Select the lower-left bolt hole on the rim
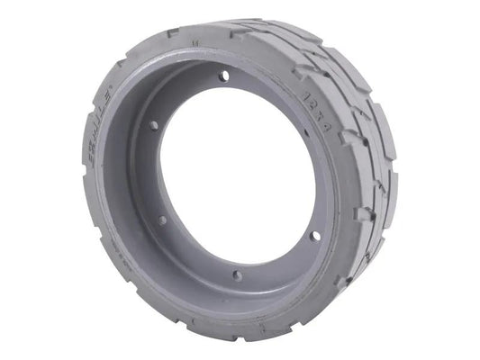coord(162,219)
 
